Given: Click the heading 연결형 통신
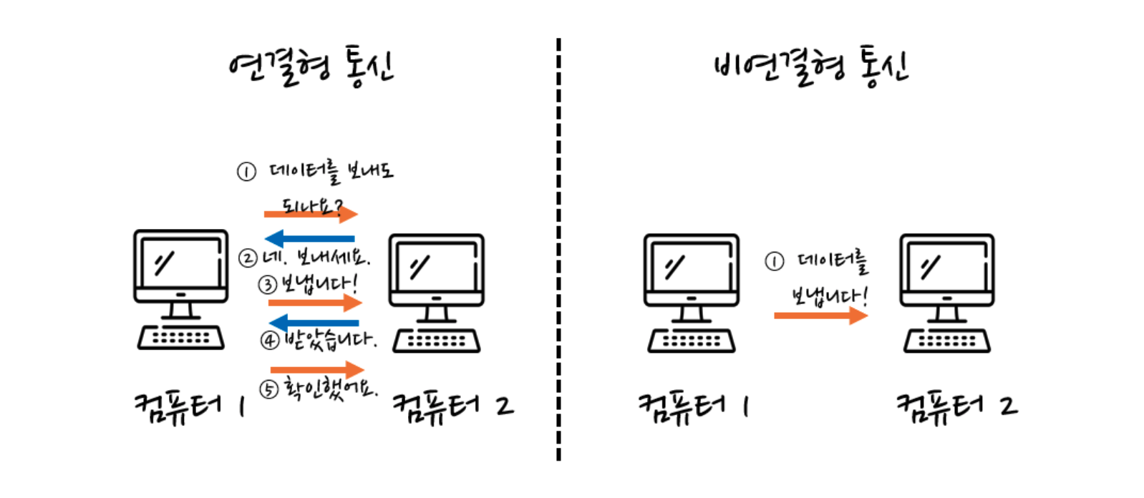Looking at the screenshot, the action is (311, 67).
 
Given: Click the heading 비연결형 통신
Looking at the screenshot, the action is (812, 67).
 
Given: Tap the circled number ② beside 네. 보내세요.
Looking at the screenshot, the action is (248, 258).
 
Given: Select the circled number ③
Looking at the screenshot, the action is (267, 285).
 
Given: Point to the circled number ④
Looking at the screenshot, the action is (270, 341).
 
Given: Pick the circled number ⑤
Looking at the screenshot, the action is (268, 390).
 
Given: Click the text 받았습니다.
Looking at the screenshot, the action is (331, 340).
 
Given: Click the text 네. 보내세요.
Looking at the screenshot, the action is (316, 257).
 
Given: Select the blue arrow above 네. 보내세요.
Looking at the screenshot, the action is (309, 238).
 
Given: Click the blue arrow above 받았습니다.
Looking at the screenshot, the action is (314, 323).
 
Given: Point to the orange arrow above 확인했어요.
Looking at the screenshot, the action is (317, 369).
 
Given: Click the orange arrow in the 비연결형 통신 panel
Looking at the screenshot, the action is (821, 316).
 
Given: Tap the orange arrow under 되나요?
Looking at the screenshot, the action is (311, 214).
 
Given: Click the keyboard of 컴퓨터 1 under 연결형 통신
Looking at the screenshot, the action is (181, 337).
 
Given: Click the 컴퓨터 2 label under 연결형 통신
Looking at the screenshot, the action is (453, 407).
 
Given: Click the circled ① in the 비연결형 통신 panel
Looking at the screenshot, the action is (775, 262).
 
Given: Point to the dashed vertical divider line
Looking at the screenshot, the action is (558, 249).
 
